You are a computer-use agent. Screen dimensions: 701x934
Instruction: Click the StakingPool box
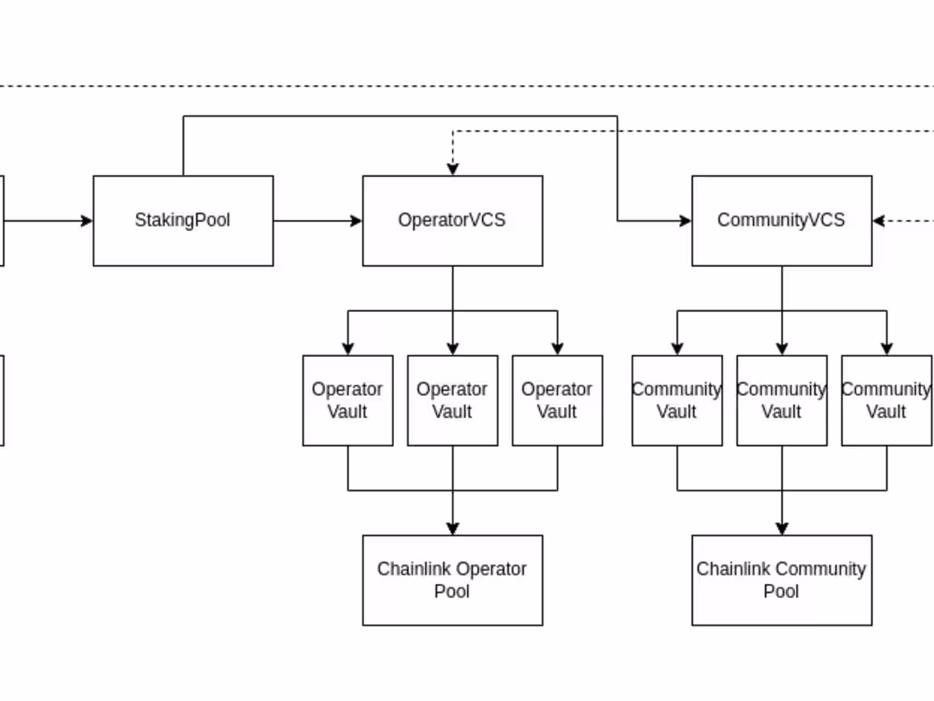pos(183,221)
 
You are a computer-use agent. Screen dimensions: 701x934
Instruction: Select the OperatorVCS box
pos(452,221)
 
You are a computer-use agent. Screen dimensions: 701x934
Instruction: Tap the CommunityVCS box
pos(781,221)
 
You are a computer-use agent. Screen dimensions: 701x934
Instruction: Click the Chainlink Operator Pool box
pos(452,580)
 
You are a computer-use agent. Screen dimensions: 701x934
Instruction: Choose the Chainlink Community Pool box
pos(781,580)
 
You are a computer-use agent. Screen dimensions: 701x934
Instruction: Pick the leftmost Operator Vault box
pos(347,400)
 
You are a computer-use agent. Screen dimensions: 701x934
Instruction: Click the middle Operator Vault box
pos(452,400)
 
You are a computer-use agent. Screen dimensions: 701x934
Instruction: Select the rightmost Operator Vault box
pos(557,400)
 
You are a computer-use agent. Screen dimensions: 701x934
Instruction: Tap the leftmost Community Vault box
pos(677,400)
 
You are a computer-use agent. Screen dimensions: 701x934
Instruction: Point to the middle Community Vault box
pos(781,400)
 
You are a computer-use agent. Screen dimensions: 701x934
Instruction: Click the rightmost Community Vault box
pos(886,400)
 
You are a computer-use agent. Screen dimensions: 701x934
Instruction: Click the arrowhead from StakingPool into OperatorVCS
pos(357,221)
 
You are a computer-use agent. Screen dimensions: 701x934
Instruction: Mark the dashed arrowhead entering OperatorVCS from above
pos(453,169)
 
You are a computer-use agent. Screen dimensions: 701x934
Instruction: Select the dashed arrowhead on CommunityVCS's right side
pos(879,221)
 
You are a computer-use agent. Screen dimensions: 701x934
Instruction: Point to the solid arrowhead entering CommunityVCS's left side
pos(685,221)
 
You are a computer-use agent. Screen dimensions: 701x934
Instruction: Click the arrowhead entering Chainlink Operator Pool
pos(453,529)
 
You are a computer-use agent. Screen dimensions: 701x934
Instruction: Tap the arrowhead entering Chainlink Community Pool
pos(782,529)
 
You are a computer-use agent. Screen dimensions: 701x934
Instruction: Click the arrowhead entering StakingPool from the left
pos(87,221)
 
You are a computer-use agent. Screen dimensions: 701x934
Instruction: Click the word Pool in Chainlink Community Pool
pos(781,591)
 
